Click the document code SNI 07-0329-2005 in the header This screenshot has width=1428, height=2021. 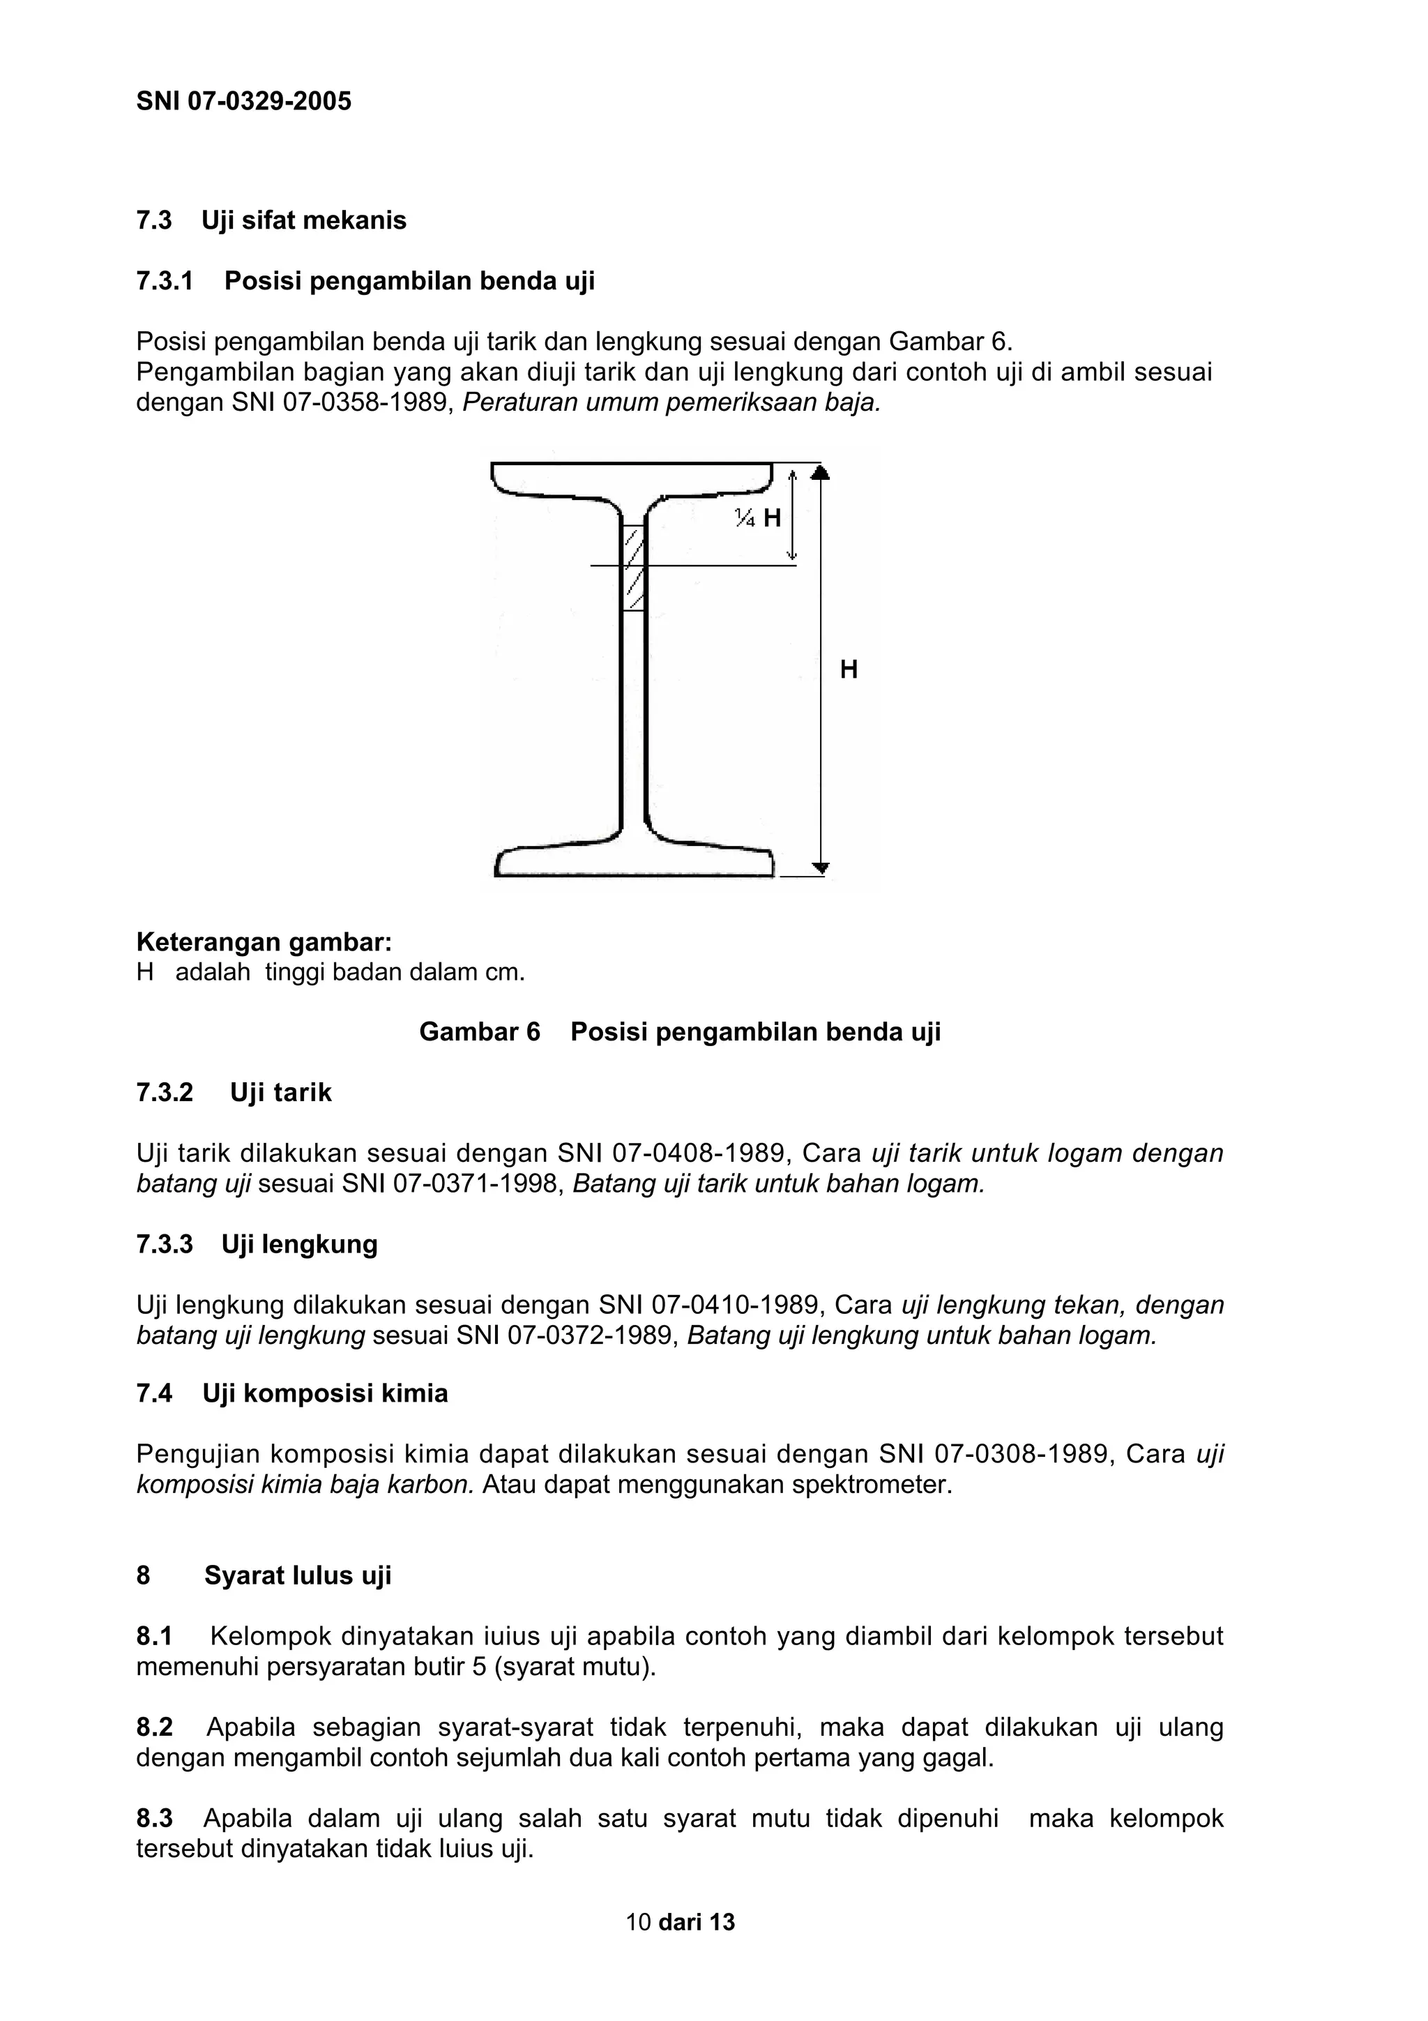(244, 101)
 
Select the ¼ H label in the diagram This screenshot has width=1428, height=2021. (759, 517)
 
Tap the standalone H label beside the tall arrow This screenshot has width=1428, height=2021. (848, 670)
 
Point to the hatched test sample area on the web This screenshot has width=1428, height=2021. (634, 568)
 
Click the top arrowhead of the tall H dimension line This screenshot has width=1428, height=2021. (820, 473)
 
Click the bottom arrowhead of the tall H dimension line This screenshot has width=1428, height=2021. (820, 868)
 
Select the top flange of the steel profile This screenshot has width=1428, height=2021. (632, 480)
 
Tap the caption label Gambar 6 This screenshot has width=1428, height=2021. (480, 1031)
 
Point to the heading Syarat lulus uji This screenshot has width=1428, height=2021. (298, 1575)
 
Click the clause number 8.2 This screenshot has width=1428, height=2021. (154, 1727)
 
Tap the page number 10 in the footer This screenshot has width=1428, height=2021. (638, 1921)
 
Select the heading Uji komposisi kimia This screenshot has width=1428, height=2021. (325, 1393)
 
